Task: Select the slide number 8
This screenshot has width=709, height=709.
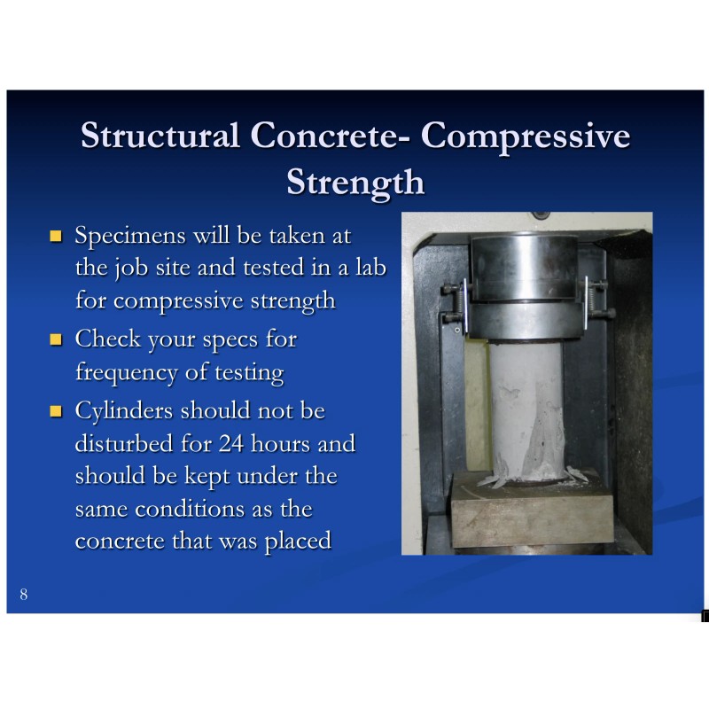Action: pyautogui.click(x=23, y=594)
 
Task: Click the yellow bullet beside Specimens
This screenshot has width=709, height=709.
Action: pyautogui.click(x=57, y=237)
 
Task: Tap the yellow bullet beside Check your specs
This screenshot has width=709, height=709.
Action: pyautogui.click(x=57, y=339)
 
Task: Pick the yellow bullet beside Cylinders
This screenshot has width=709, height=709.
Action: pyautogui.click(x=57, y=412)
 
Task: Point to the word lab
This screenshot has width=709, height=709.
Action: pyautogui.click(x=369, y=268)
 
